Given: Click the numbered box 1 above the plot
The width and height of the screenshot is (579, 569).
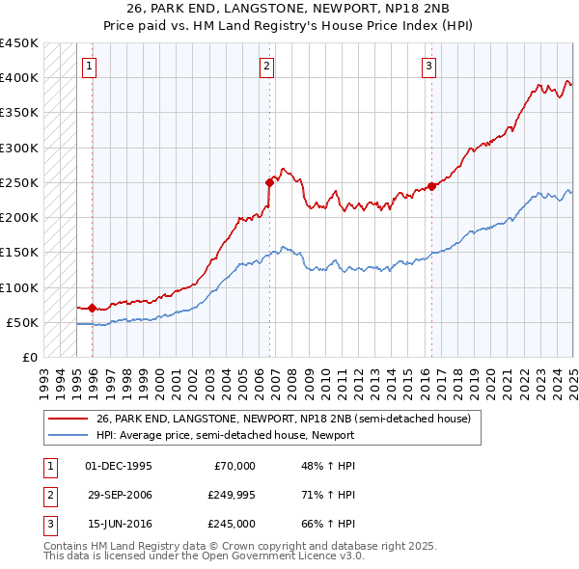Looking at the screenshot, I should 89,67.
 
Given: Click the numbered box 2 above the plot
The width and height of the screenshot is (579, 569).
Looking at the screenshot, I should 266,67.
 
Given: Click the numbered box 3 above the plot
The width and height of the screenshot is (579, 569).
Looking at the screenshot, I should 428,67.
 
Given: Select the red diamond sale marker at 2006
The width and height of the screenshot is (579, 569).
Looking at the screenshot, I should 270,181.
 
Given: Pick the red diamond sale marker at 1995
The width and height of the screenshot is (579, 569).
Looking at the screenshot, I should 92,309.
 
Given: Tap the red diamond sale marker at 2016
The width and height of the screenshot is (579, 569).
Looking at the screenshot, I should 431,186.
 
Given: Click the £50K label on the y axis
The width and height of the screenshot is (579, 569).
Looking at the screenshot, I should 23,322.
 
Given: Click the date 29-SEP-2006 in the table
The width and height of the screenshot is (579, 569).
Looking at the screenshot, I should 120,495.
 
